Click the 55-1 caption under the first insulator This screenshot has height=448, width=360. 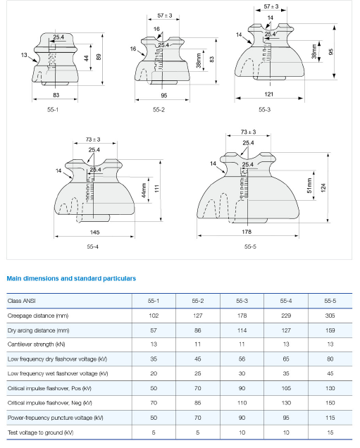coord(53,109)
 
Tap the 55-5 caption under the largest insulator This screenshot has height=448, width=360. coord(250,247)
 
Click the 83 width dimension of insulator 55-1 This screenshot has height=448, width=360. coord(56,95)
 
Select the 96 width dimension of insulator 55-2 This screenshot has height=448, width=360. coord(163,95)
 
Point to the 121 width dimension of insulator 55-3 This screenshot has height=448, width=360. coord(268,94)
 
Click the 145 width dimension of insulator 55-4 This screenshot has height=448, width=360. coord(94,232)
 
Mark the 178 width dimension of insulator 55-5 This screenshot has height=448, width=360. coord(247,232)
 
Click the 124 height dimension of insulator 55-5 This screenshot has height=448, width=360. coord(323,187)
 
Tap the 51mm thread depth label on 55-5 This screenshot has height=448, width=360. coord(309,185)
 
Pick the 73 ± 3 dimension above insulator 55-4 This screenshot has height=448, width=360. coord(93,139)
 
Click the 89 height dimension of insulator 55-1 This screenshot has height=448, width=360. coord(99,57)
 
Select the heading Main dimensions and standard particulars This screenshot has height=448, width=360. coord(71,278)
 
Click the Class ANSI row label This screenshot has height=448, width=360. coord(21,301)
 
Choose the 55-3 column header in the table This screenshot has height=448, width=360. coord(242,301)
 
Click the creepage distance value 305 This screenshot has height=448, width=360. coord(330,316)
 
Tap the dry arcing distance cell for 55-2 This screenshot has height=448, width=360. coord(197,330)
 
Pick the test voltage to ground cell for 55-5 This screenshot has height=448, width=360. coord(330,433)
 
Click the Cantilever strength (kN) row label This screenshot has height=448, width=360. coord(37,344)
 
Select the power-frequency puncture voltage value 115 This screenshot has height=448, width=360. coord(330,418)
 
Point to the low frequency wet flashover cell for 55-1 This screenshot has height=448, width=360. coord(154,373)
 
